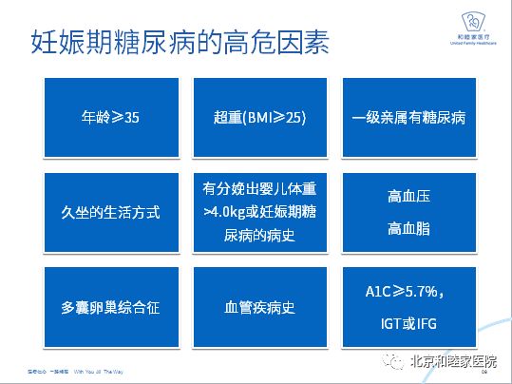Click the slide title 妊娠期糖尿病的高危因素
click(x=180, y=43)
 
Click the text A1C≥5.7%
click(x=407, y=292)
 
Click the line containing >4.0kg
click(x=259, y=211)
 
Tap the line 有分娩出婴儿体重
click(x=258, y=189)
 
